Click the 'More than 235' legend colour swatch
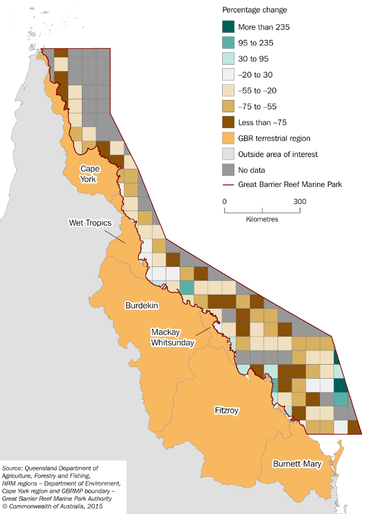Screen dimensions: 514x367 [228, 27]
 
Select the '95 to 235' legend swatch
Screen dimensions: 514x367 [228, 43]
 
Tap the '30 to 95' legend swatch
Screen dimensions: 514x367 [228, 59]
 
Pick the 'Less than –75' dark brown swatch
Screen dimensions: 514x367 [228, 122]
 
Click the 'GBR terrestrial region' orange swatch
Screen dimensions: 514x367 [228, 138]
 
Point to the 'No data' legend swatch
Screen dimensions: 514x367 [228, 170]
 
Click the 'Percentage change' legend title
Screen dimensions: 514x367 [254, 10]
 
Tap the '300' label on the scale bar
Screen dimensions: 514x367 [299, 202]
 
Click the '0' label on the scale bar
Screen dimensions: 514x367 [224, 202]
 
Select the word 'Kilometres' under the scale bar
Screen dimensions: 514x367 [262, 219]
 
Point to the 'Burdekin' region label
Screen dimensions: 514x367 [141, 305]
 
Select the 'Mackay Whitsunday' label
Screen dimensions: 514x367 [171, 337]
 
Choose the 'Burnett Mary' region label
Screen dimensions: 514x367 [297, 464]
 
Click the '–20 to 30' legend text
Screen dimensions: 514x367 [254, 75]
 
